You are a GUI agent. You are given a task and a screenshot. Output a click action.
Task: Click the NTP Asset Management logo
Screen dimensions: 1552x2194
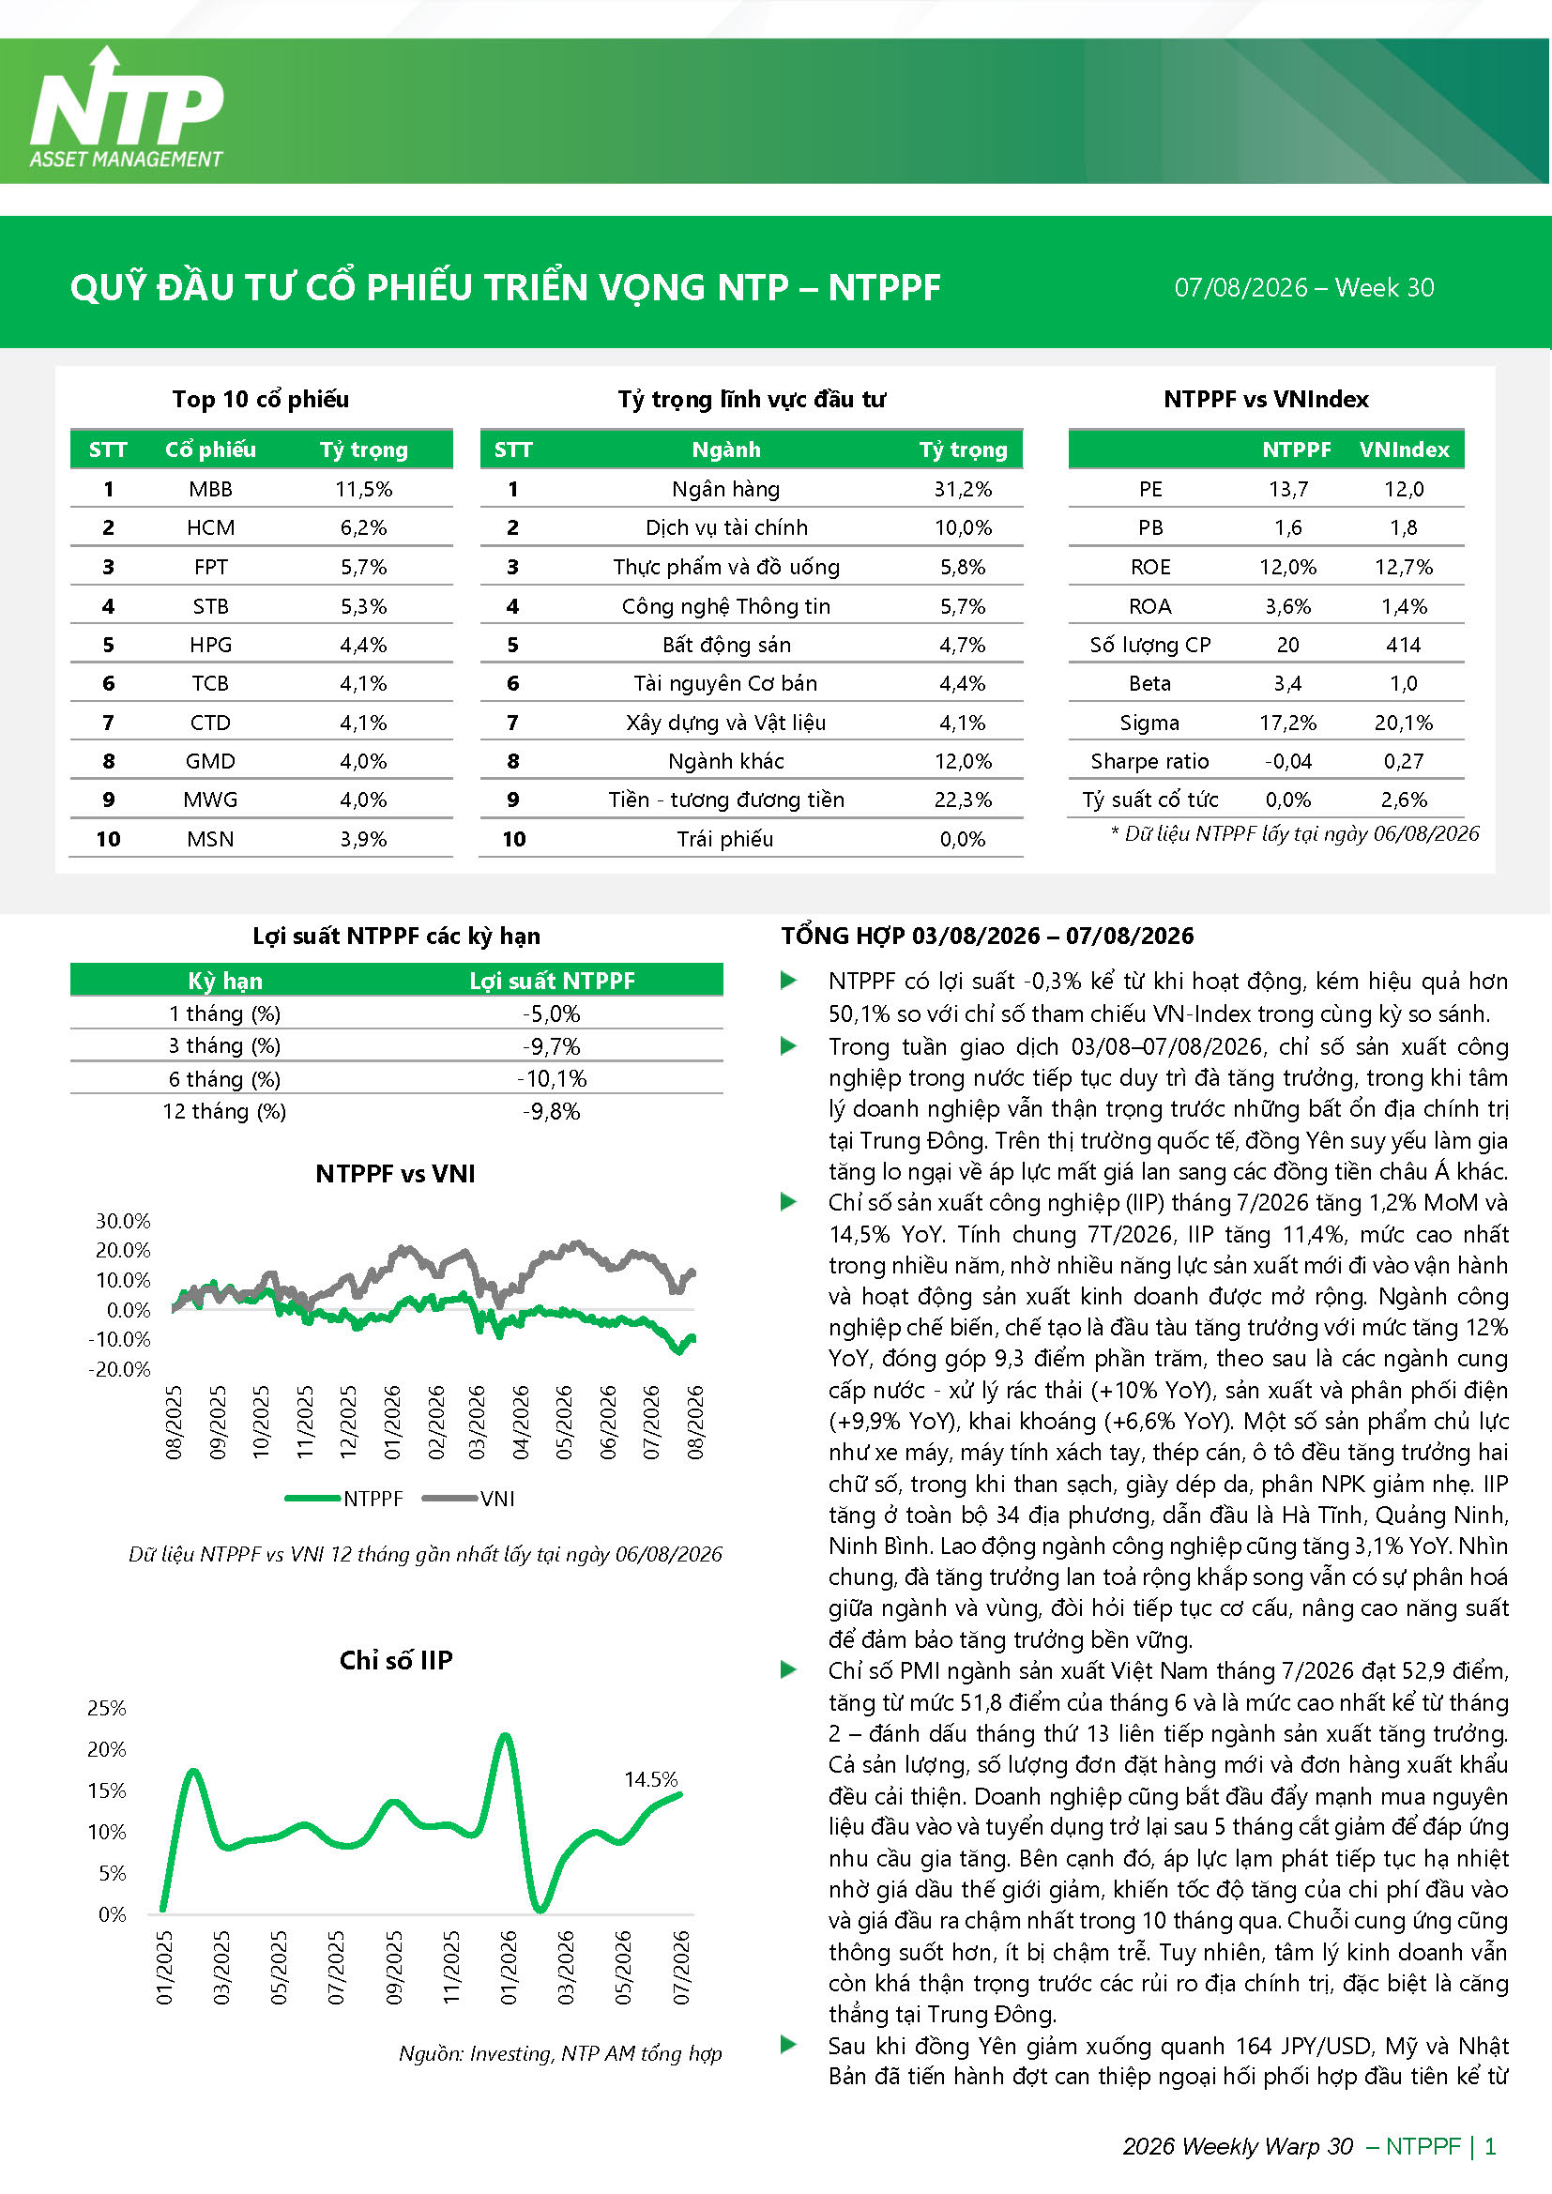[x=126, y=108]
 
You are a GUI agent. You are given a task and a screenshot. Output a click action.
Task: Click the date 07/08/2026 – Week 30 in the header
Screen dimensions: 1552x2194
[x=1303, y=288]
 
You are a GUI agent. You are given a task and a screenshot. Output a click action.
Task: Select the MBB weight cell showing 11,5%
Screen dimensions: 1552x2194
[x=363, y=489]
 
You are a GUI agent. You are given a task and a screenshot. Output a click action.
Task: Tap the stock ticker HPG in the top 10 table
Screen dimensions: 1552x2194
[x=210, y=645]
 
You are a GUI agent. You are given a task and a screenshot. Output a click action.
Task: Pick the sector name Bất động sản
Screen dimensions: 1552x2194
[x=726, y=645]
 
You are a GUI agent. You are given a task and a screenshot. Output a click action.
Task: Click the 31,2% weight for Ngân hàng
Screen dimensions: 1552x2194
[x=963, y=489]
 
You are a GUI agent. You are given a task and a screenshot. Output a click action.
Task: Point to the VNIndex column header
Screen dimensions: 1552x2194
[x=1404, y=450]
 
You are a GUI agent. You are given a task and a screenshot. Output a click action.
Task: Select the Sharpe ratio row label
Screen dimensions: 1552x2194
[x=1149, y=762]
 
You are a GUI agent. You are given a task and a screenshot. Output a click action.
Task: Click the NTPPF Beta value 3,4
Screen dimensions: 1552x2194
[x=1287, y=683]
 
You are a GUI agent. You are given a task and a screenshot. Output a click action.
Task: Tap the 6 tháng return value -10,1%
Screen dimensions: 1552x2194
[x=552, y=1079]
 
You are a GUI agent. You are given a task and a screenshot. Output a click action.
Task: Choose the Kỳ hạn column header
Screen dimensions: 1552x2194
[x=224, y=982]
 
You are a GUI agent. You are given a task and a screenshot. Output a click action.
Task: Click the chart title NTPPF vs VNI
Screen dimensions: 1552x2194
[x=396, y=1173]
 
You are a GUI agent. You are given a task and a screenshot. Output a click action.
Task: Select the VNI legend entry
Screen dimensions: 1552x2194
[x=469, y=1499]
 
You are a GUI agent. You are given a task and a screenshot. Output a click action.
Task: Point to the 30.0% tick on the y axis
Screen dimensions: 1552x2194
[x=123, y=1220]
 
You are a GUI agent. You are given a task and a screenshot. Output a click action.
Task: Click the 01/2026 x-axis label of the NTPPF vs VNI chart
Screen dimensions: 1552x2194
[x=393, y=1422]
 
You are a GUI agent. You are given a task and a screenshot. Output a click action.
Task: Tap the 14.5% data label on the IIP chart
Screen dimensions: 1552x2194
[x=651, y=1779]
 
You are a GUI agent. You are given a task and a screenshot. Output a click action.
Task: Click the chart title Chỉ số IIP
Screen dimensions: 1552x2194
[x=396, y=1660]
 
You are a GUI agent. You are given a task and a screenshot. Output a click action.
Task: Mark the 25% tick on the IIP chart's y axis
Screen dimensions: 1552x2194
[x=107, y=1708]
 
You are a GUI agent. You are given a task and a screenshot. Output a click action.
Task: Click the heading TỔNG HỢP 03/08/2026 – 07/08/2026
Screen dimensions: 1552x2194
[x=987, y=936]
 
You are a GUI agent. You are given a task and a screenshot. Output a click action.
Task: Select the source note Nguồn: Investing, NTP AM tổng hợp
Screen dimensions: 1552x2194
[x=560, y=2053]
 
